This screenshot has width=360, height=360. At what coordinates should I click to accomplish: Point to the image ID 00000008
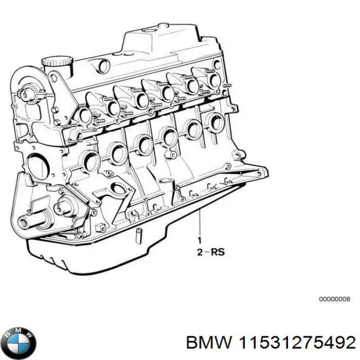(x=335, y=298)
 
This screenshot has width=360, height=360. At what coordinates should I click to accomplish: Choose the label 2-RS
(x=210, y=252)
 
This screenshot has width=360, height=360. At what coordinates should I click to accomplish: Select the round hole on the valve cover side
(x=104, y=66)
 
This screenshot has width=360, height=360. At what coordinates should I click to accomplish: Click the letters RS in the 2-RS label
(x=217, y=252)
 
